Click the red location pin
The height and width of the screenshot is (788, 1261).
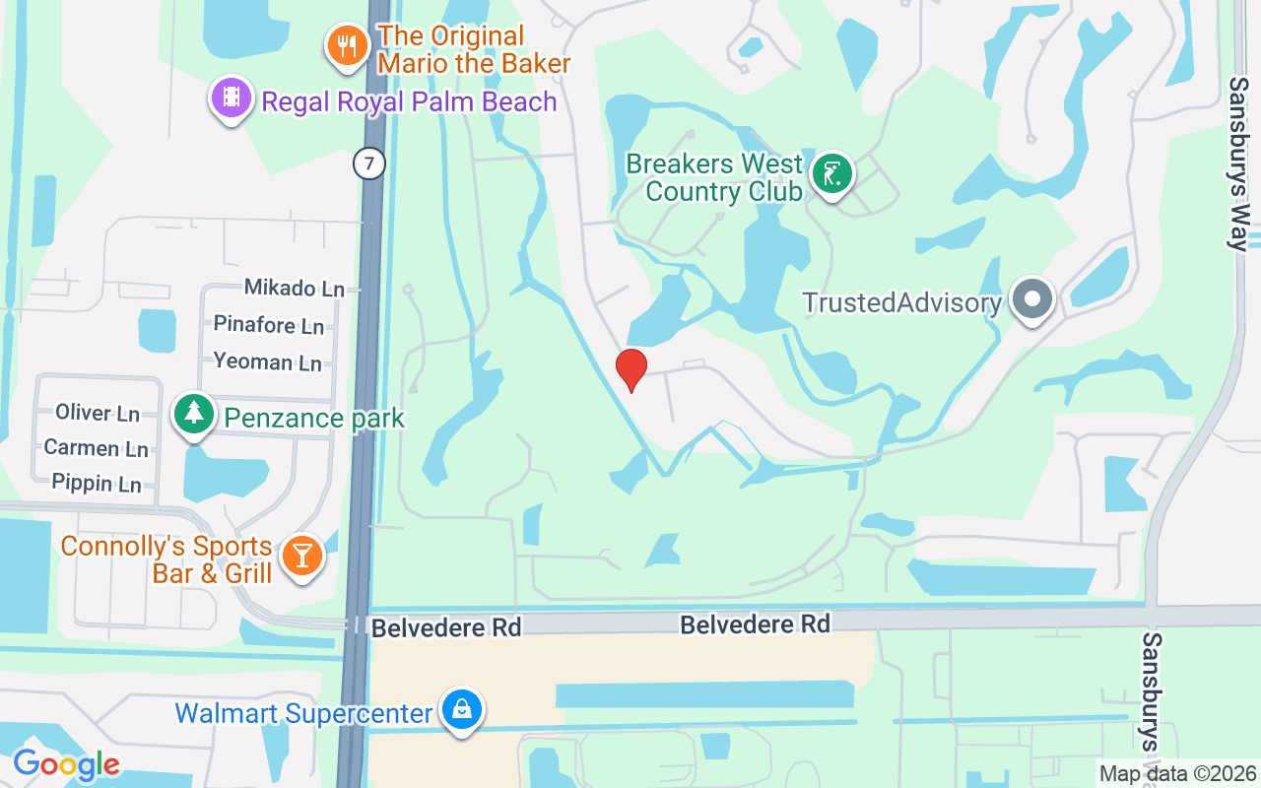pos(631,369)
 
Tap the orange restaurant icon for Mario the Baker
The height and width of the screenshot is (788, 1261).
pos(347,46)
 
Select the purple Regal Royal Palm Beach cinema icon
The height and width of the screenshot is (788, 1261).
pos(231,98)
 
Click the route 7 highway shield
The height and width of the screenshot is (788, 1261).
pos(368,163)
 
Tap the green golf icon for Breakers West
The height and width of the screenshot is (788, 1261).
pos(832,175)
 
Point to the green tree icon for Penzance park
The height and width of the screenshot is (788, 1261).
pos(194,415)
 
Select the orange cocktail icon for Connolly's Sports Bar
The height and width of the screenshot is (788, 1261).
pos(301,557)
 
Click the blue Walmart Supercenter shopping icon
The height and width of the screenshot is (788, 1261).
pos(461,710)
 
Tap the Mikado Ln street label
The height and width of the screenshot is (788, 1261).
pos(295,289)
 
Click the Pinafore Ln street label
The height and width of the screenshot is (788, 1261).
pos(269,325)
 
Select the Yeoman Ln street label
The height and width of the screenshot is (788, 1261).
pos(267,361)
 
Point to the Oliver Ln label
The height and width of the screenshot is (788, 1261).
pos(98,413)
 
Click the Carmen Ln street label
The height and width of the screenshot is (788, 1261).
pos(96,448)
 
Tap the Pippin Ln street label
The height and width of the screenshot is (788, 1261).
pos(96,484)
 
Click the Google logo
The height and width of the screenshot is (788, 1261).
pos(66,764)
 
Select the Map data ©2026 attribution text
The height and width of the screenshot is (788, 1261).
pos(1178,774)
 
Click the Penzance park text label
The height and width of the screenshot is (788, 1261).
pos(314,418)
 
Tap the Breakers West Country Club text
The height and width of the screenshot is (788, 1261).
pos(715,177)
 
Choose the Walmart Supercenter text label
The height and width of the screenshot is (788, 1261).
pos(303,712)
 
